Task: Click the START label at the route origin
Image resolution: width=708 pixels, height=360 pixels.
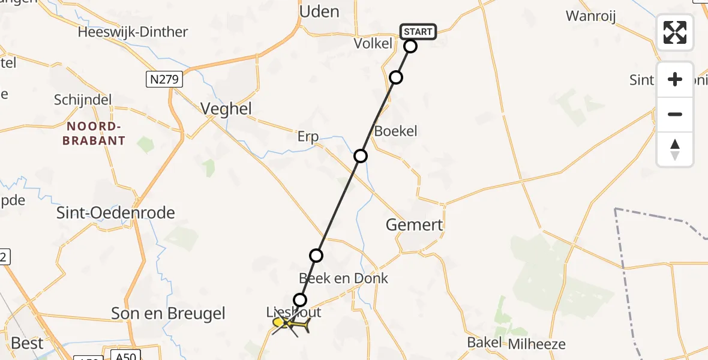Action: (x=418, y=32)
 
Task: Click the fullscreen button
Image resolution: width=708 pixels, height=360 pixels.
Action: (x=675, y=32)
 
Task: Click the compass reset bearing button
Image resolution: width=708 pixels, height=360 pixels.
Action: (x=675, y=150)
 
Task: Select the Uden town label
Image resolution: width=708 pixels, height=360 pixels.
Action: (x=319, y=11)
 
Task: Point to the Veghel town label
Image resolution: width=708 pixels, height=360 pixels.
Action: (x=226, y=109)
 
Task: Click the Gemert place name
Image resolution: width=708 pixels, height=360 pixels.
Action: (x=414, y=225)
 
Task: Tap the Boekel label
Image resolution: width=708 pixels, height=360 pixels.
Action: (x=395, y=131)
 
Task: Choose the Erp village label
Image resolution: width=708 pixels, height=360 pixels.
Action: (x=308, y=136)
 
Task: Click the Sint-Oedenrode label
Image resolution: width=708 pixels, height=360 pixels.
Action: (x=115, y=212)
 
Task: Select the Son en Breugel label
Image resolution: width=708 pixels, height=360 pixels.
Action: (x=169, y=313)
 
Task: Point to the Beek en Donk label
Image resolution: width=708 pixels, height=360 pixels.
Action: (x=343, y=278)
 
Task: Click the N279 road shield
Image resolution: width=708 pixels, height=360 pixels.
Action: (x=164, y=79)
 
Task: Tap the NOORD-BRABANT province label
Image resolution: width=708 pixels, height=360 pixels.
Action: (x=96, y=133)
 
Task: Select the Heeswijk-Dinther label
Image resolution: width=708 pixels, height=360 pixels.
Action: (x=133, y=32)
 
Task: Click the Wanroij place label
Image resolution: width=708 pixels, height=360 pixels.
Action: (x=591, y=16)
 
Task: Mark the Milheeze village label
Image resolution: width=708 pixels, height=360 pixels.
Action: (x=536, y=344)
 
